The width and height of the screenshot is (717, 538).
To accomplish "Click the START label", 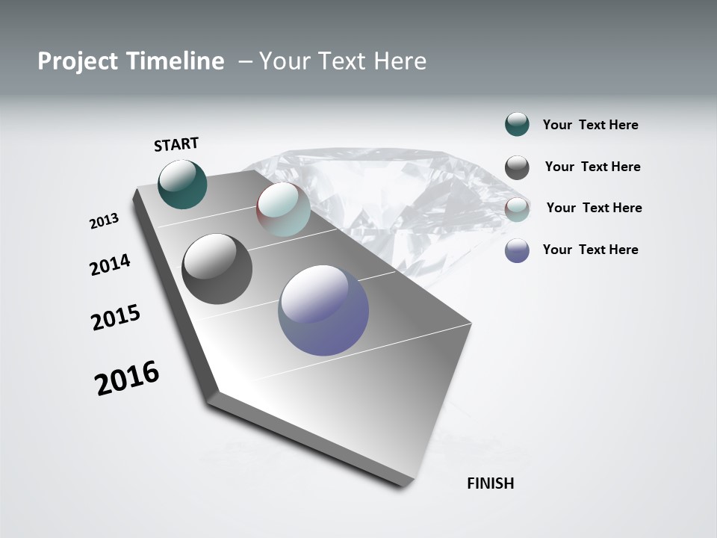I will click(x=176, y=144).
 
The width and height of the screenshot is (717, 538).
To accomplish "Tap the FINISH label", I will click(x=490, y=483).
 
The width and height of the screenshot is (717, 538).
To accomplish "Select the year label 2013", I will click(x=104, y=221).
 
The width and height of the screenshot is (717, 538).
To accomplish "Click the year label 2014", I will click(x=110, y=265).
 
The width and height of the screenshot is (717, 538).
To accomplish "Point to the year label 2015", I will click(x=116, y=318).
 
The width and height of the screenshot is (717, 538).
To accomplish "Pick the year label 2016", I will click(x=127, y=378).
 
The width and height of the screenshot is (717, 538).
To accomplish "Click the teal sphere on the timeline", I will click(x=182, y=185).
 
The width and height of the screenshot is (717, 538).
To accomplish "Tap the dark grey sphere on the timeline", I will click(x=217, y=269).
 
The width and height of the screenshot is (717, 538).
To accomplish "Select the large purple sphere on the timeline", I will click(x=323, y=310).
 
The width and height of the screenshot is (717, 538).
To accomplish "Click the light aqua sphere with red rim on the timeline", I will click(x=283, y=209).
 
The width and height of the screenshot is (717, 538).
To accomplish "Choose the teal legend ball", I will click(x=517, y=125).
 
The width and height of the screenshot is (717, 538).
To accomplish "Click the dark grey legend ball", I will click(x=517, y=167).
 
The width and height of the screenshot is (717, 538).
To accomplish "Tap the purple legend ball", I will click(x=517, y=250).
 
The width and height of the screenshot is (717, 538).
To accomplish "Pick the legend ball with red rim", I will click(x=517, y=209).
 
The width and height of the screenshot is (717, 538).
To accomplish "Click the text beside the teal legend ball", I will click(x=590, y=126).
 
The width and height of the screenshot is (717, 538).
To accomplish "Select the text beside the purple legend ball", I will click(x=590, y=250).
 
